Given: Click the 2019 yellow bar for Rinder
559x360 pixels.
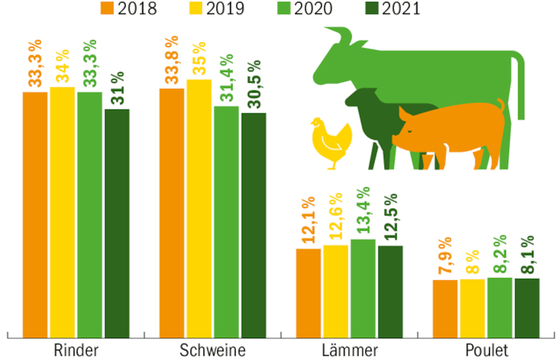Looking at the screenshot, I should point(62,209).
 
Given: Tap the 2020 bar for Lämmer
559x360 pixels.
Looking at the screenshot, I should point(363,287).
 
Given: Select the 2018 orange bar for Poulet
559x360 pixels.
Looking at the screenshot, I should point(445,307).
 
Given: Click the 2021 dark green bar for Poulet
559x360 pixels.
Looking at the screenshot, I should point(526,306).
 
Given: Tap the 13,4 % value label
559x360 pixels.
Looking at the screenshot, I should point(363,213).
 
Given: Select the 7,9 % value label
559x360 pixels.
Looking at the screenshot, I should point(445,253).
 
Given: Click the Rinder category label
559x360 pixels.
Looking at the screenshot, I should point(75,349).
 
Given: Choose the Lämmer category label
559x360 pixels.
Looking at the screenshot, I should point(350,349).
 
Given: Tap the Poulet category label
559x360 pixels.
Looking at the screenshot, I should point(487,349).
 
